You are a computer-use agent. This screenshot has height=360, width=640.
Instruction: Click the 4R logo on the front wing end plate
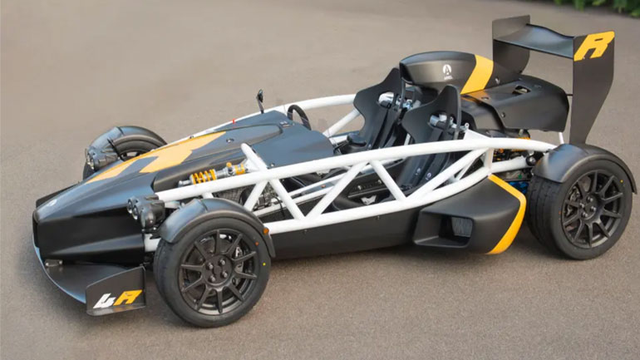point(117,298)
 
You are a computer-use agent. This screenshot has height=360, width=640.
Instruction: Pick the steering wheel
point(298,116)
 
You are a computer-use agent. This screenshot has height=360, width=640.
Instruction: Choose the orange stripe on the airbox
point(478,74)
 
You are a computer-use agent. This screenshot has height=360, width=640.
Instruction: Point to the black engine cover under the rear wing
point(524,104)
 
